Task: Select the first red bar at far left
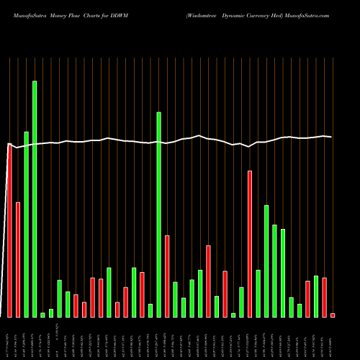pyautogui.click(x=9, y=230)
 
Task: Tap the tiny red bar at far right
pyautogui.click(x=333, y=315)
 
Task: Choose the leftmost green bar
pyautogui.click(x=26, y=224)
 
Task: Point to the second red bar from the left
pyautogui.click(x=18, y=259)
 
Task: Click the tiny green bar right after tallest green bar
pyautogui.click(x=42, y=315)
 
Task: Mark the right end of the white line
pyautogui.click(x=331, y=137)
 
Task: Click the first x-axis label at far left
pyautogui.click(x=9, y=338)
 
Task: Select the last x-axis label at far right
pyautogui.click(x=333, y=338)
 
